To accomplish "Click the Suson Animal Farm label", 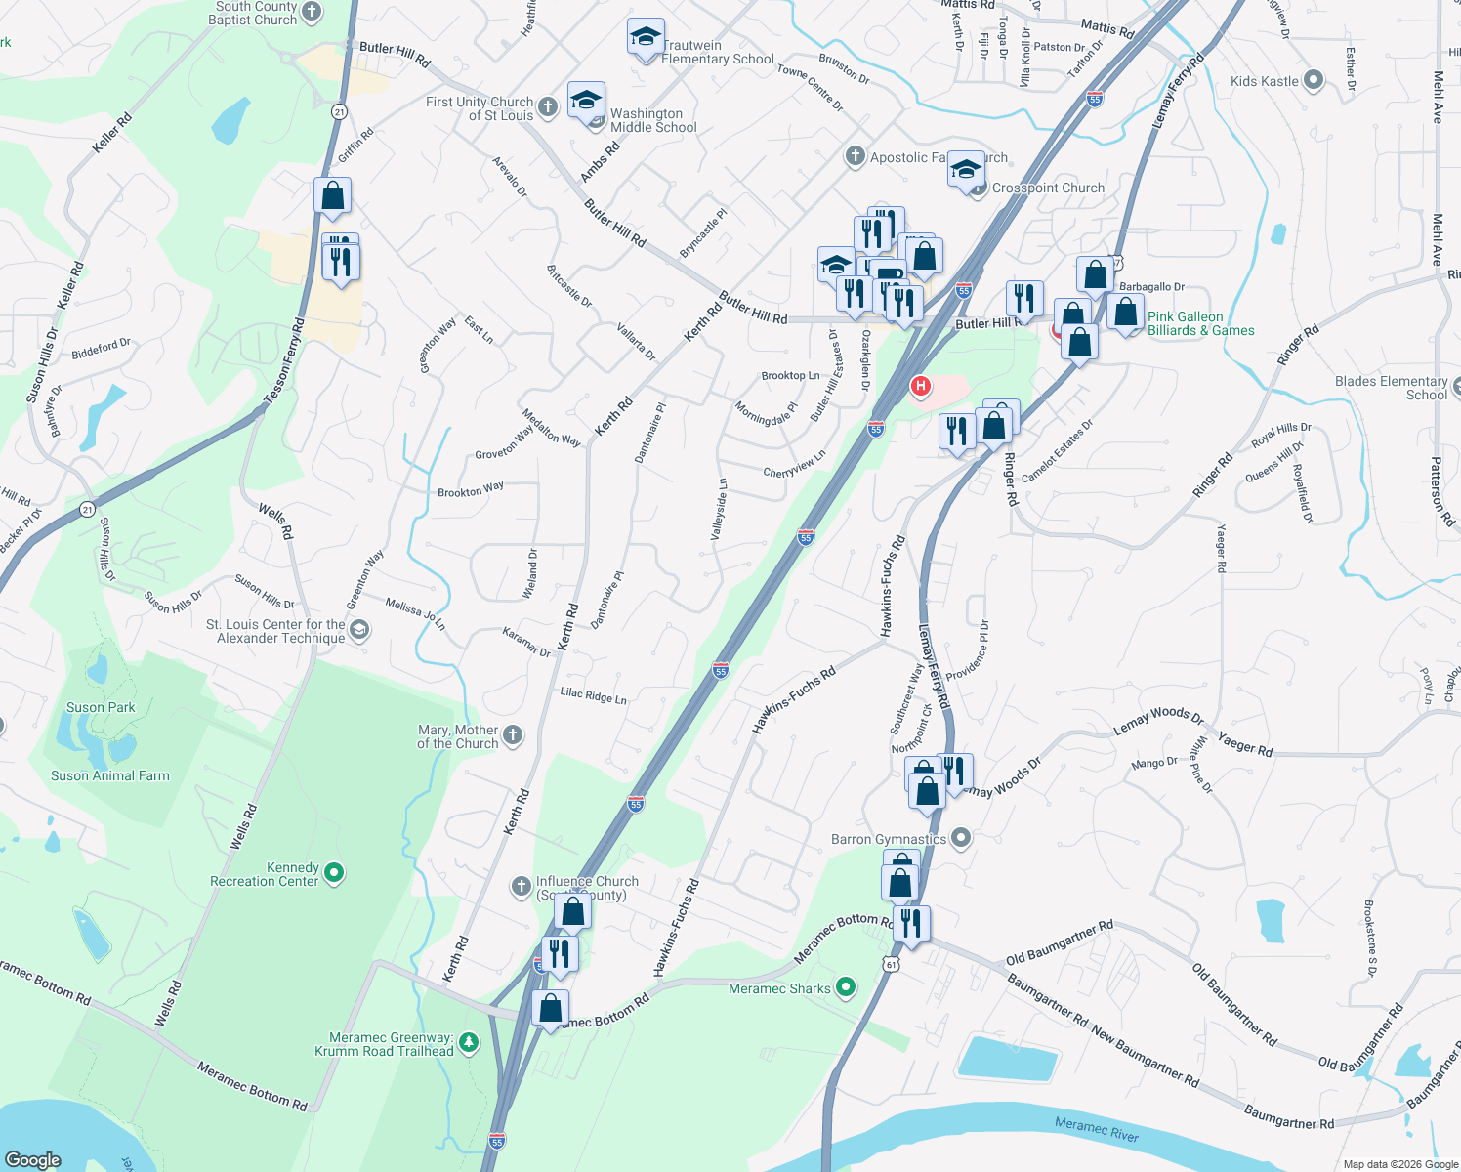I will (110, 775).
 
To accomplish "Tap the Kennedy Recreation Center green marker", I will (334, 872).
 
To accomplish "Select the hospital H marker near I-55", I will (919, 386).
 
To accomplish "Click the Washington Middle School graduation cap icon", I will (586, 102).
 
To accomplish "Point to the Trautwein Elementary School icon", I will (646, 38).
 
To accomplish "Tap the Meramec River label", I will (1096, 1129).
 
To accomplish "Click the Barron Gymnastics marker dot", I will (961, 838).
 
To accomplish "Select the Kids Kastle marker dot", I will (1314, 80).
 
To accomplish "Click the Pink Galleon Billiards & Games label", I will (1200, 323).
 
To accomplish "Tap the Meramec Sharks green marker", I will (846, 987).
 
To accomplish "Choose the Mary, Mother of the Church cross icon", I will (513, 735).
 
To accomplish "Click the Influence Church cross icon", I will (522, 887).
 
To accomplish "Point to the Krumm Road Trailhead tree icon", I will (469, 1043).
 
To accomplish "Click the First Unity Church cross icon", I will (548, 107).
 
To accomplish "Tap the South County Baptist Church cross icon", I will (312, 12).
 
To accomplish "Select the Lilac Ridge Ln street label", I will (593, 694).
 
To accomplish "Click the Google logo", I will (33, 1159).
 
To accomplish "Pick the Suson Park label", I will (101, 707).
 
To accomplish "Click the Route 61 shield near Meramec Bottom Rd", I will (891, 964).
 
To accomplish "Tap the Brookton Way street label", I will (471, 489).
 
